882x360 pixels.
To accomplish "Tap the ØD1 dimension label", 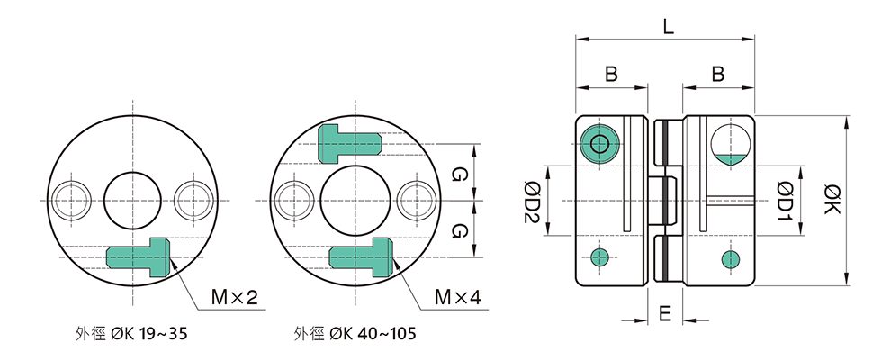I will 785,200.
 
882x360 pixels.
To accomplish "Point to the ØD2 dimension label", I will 530,200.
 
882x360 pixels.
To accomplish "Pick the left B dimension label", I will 611,76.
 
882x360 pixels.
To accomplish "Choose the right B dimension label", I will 718,76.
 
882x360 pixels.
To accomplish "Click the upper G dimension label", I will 459,173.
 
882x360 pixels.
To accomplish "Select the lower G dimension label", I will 459,230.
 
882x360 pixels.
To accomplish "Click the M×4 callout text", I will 457,297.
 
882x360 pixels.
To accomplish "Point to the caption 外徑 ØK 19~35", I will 132,335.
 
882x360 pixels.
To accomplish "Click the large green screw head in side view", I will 598,144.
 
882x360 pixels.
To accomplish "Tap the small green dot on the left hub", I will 599,257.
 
